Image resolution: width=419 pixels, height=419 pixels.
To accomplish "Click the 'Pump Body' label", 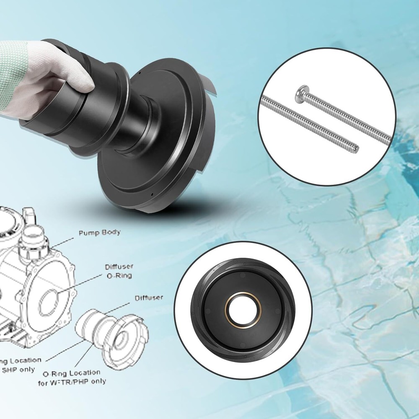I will pos(99,232).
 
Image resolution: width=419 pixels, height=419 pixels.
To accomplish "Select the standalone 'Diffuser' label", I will pos(149,298).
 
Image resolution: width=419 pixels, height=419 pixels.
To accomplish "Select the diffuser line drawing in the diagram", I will pos(113,335).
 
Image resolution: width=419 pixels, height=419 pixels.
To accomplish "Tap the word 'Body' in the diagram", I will pos(110,232).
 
